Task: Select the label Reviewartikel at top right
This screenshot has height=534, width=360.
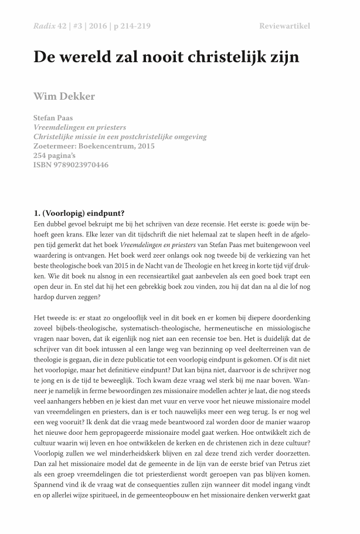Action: [x=284, y=26]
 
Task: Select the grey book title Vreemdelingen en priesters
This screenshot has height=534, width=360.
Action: [x=80, y=127]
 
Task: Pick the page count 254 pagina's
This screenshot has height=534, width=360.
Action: [x=59, y=156]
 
